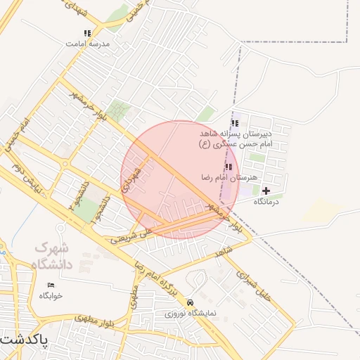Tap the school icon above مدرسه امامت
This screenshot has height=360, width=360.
[87, 33]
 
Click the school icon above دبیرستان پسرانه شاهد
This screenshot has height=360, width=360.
[235, 123]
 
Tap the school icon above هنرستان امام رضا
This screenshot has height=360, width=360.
[228, 167]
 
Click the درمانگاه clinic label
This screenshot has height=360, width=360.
[266, 201]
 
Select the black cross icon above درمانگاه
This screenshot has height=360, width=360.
[266, 191]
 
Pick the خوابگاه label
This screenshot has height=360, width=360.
[51, 295]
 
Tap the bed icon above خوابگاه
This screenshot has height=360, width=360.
[50, 285]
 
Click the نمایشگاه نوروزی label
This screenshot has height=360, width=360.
[191, 313]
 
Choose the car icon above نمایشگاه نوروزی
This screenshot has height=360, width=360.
[190, 302]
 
